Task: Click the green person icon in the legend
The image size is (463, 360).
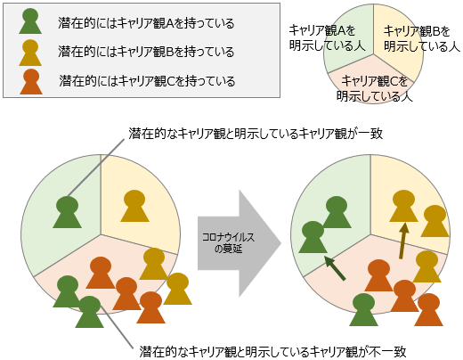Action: tap(30, 21)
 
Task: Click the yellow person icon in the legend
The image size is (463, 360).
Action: tap(30, 53)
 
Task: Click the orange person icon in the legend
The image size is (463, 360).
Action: tap(31, 82)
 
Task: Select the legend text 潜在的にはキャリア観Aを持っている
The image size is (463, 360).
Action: tap(146, 23)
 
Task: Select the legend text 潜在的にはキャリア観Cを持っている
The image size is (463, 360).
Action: tap(147, 81)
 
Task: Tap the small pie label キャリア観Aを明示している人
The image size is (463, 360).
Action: tap(327, 38)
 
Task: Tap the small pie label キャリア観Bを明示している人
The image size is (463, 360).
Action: tap(422, 38)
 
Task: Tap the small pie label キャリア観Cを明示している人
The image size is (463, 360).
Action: tap(375, 88)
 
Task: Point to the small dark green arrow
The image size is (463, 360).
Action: tap(335, 268)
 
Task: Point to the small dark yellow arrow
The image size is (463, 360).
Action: tap(403, 241)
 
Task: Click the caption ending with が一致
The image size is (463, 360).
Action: tap(256, 134)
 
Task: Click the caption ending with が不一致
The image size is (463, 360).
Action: tap(272, 351)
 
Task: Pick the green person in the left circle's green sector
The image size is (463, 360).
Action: tap(67, 212)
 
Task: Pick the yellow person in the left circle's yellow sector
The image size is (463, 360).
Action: tap(134, 206)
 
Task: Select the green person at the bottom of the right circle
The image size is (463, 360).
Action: tap(363, 309)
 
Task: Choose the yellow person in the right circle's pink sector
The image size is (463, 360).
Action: tap(426, 266)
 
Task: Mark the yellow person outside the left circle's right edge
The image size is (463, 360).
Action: tap(177, 289)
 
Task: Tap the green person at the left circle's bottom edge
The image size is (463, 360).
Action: tap(89, 312)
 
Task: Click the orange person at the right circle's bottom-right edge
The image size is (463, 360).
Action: tap(428, 309)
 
